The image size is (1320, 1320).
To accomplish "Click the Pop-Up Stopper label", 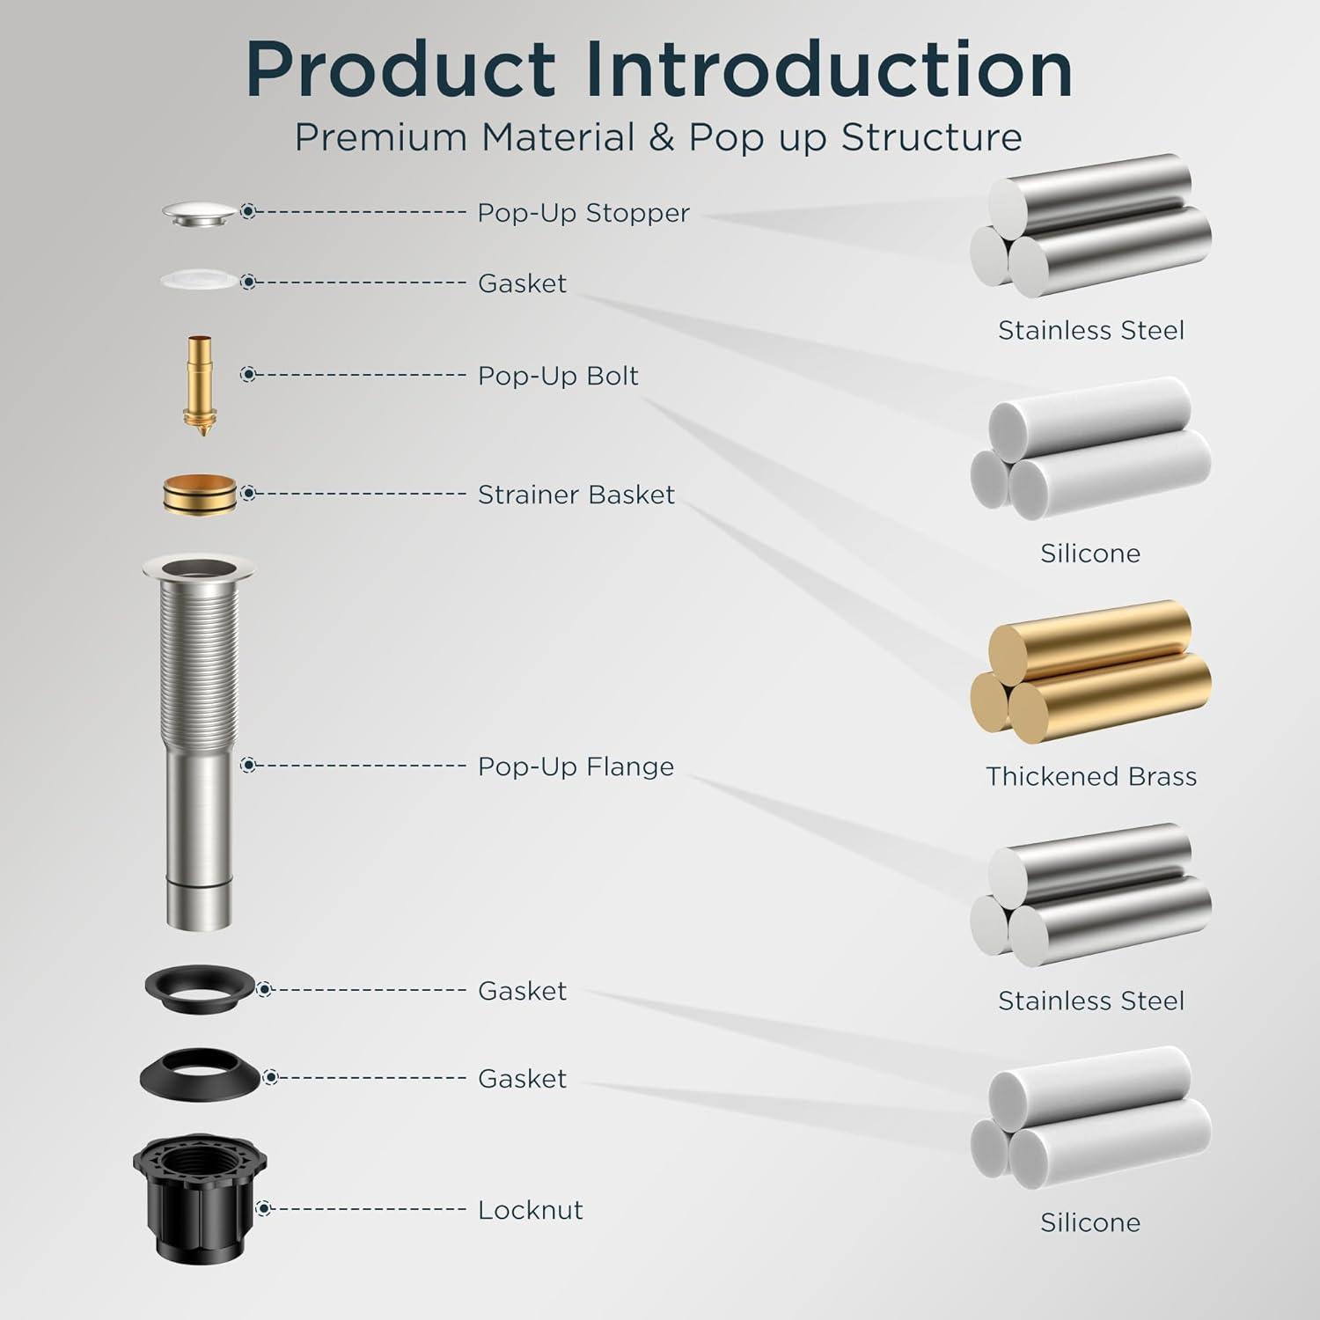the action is click(x=583, y=213).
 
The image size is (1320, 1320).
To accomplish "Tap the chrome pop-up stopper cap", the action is click(x=200, y=214).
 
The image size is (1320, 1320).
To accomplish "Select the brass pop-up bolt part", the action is click(x=200, y=386).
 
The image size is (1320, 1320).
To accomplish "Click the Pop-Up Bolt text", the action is click(x=558, y=376).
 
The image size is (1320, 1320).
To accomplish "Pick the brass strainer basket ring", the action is click(x=200, y=495).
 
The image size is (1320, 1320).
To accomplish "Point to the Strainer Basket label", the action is click(x=576, y=495).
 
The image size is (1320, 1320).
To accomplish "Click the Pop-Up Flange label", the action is click(x=576, y=766).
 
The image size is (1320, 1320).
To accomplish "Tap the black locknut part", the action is click(x=200, y=1198).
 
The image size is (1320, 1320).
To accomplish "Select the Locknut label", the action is click(x=531, y=1210).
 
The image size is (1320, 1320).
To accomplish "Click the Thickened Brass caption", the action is click(x=1091, y=776).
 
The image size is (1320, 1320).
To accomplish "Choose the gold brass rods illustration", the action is click(x=1091, y=671).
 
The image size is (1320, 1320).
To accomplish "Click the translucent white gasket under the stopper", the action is click(x=199, y=280).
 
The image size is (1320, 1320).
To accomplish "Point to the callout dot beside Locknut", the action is click(x=263, y=1209).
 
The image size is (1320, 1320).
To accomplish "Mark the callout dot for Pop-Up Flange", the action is click(x=248, y=766).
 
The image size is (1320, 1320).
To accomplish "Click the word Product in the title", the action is click(x=401, y=69).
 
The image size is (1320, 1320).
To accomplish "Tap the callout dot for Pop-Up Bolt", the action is click(x=248, y=375).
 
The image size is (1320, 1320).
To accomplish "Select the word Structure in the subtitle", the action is click(x=931, y=138).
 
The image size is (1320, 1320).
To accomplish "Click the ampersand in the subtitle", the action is click(x=662, y=138).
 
